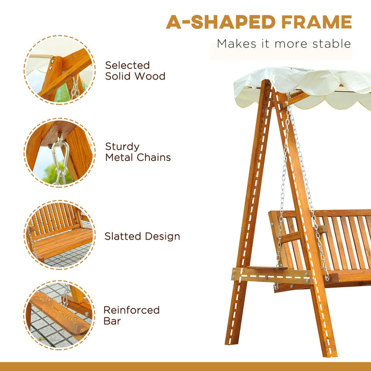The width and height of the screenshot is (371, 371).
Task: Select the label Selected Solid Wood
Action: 135,70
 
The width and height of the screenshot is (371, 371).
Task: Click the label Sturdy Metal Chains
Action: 138,152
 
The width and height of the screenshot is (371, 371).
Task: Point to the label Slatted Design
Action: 142,236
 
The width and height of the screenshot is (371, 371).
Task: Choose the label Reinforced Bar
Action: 131,315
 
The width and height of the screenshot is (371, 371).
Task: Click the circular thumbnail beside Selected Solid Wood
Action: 59,69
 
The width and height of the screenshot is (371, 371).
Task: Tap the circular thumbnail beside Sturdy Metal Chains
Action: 59,153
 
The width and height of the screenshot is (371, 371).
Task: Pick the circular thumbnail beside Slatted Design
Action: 59,234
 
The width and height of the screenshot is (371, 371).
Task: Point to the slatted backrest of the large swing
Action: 339,241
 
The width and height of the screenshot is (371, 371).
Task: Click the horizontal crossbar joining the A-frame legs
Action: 270,275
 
